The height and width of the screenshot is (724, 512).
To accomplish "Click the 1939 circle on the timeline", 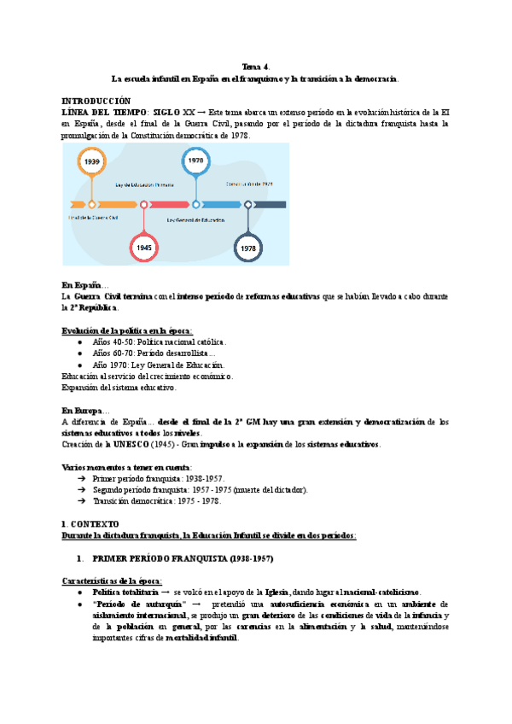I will click(x=91, y=161).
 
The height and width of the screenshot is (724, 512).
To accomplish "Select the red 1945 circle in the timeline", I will click(x=144, y=248).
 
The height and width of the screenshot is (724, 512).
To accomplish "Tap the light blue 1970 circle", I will click(x=195, y=161).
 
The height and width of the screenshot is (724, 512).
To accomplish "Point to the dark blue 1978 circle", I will click(x=248, y=248).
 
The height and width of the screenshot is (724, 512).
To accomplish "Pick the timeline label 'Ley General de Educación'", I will click(x=195, y=220).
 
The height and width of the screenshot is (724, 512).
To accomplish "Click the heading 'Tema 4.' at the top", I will click(x=255, y=66).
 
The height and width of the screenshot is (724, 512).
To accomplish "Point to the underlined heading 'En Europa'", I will click(x=85, y=411).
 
